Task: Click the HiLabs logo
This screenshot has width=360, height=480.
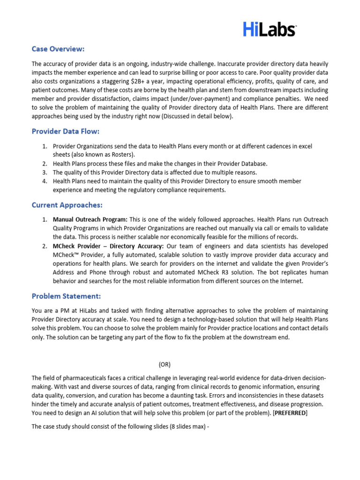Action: (270, 29)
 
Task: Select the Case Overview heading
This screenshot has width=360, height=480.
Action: (58, 49)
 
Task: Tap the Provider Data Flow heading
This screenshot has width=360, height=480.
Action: (66, 131)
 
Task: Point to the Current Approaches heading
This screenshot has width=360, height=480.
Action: (67, 205)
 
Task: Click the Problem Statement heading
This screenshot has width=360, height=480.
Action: (66, 296)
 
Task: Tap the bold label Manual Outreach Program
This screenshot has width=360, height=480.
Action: (90, 219)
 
